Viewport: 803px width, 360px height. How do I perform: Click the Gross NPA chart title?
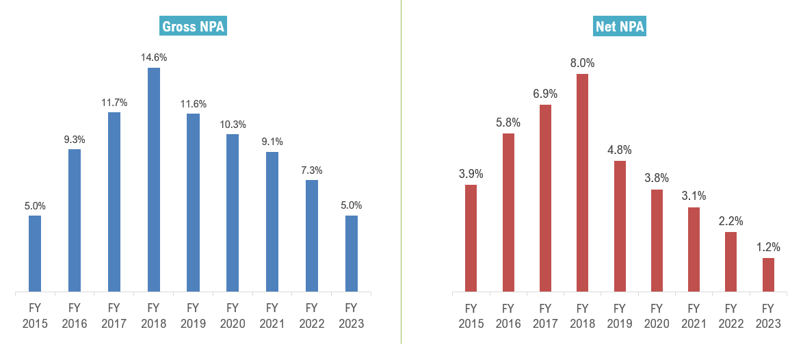194,27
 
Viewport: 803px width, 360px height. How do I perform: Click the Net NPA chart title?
620,27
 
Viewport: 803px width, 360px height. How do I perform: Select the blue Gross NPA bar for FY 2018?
154,180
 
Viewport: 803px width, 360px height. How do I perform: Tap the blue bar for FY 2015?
35,254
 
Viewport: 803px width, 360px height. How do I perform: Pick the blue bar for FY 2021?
272,222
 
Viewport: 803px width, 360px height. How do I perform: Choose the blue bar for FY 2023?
352,254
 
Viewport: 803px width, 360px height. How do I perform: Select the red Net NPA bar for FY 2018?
582,183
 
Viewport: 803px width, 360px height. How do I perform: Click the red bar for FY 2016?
508,213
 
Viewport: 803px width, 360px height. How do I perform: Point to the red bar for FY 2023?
768,275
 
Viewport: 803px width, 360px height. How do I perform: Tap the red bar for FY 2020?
657,241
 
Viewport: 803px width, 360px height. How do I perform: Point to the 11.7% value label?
114,103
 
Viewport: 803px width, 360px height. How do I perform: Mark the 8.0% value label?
582,63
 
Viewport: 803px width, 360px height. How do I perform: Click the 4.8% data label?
620,150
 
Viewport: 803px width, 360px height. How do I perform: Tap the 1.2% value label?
768,247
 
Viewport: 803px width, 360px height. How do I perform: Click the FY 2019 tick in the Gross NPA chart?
193,315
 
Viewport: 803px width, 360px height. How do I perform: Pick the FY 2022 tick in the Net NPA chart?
730,315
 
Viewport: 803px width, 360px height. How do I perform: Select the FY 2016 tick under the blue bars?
75,315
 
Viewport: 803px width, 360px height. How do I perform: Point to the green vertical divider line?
401,171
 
